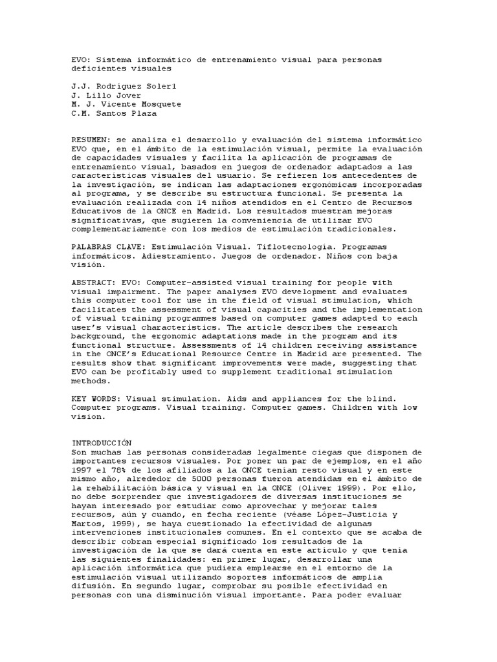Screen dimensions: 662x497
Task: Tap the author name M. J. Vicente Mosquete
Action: point(126,104)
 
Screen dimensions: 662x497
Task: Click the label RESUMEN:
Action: point(92,140)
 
